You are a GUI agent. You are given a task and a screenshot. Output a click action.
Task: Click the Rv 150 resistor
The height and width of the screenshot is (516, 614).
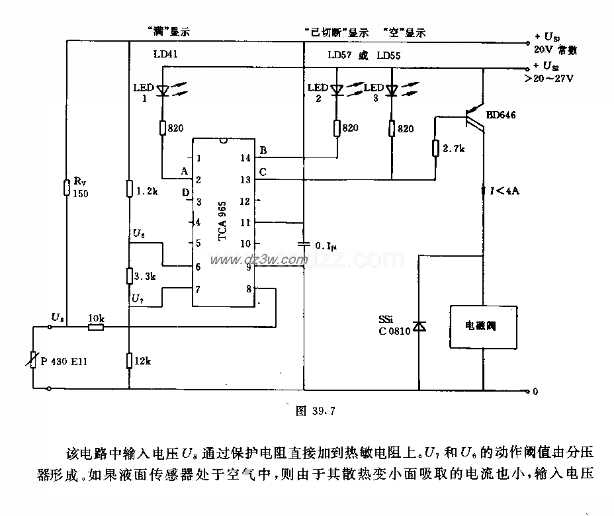coord(67,187)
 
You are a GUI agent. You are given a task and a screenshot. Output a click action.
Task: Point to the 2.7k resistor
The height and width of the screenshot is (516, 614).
coord(436,148)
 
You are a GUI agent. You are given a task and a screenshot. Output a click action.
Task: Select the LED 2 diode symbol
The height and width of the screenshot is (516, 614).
coord(337,91)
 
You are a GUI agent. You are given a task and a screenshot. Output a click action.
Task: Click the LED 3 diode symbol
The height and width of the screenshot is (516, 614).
coord(392,91)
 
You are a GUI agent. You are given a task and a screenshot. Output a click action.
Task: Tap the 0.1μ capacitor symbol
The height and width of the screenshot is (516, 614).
coord(303,244)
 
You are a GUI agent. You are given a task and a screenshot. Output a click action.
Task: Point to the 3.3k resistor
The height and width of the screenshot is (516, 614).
coord(130,275)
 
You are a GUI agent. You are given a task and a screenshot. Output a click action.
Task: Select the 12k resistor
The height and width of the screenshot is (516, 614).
coord(130,360)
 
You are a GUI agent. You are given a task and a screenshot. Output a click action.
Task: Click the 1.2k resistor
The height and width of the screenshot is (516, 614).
coord(130,190)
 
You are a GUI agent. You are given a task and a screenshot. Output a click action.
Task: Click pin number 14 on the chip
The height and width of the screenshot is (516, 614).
coord(245,159)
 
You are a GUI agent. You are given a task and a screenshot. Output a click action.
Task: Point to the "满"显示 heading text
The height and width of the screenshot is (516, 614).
coord(165,31)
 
